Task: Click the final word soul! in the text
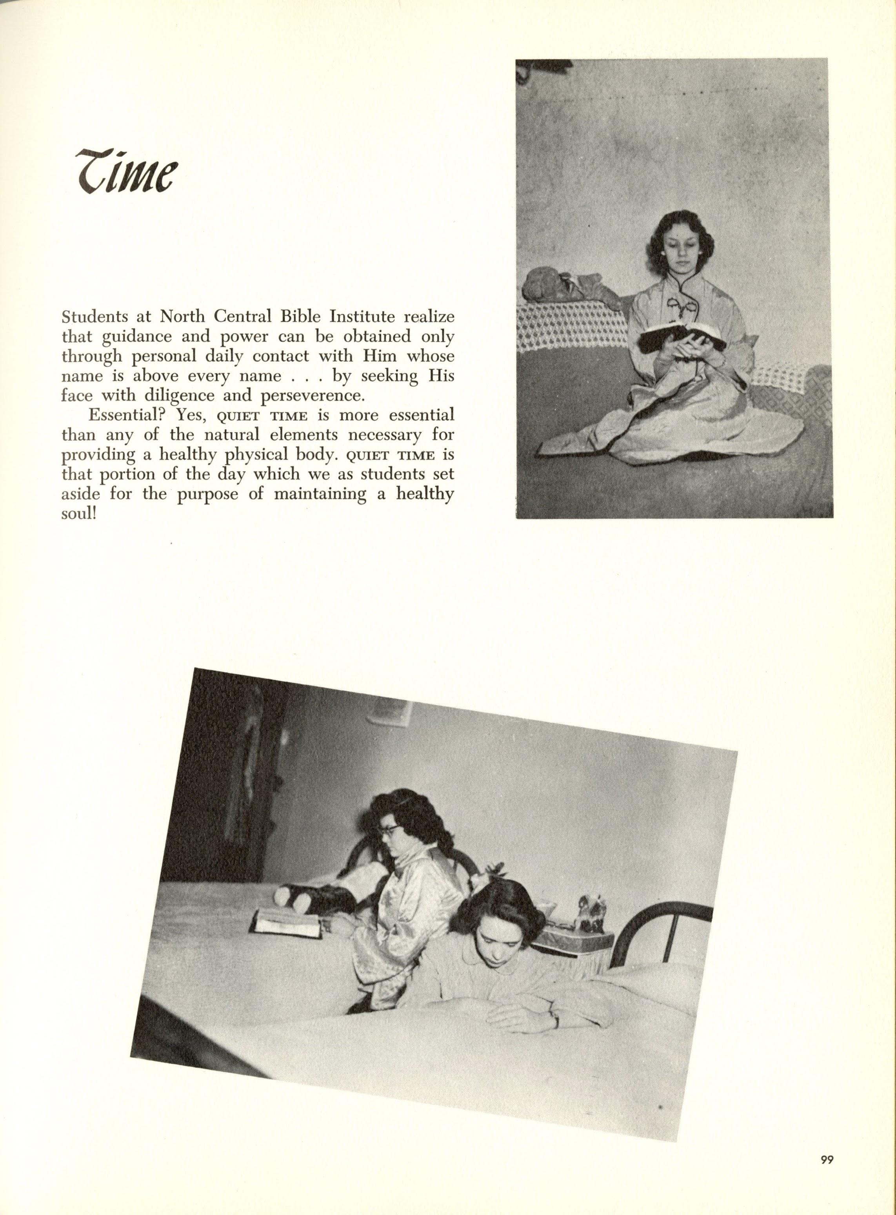click(x=79, y=513)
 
